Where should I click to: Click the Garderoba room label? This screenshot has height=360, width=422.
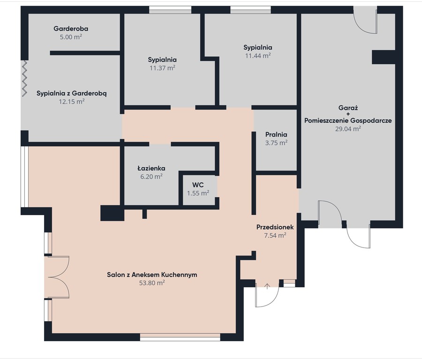coord(71,29)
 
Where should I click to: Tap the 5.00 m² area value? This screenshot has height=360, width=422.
coord(71,37)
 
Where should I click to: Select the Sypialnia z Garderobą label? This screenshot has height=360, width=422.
coord(72,93)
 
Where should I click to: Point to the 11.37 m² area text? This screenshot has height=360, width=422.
coord(162,68)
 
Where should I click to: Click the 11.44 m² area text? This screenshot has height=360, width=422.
coord(258,56)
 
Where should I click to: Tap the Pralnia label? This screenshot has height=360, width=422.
coord(276,134)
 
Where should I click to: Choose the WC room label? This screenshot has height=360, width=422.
coord(198,185)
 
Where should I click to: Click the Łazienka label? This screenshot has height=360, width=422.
coord(151,168)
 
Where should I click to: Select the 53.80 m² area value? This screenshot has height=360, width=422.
coord(152,283)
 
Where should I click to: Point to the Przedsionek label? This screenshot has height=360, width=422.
coord(275,227)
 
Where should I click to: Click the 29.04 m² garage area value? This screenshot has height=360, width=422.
coord(348,128)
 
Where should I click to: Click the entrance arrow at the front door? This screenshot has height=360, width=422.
coord(267,286)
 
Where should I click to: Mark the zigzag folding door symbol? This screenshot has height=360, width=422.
coord(24,78)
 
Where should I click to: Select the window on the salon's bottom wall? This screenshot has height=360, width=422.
coord(180,337)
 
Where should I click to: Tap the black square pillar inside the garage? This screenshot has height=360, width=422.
coord(383,57)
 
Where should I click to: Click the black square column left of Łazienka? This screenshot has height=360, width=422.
coord(112,213)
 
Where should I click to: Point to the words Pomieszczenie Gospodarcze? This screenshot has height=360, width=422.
coord(348,120)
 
